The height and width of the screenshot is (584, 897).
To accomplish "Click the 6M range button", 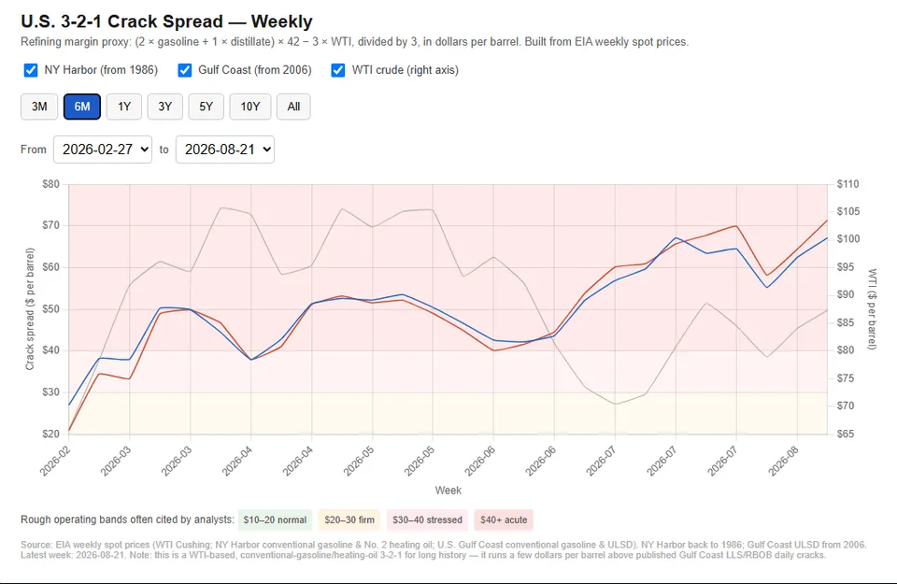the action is (82, 107).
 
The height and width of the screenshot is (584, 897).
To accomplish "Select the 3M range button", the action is (39, 107).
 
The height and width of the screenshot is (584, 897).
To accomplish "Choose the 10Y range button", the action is (250, 107).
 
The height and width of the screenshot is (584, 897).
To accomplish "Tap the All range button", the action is (293, 107).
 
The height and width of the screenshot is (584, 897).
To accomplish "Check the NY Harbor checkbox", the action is (30, 70).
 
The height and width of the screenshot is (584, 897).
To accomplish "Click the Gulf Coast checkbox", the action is (184, 70).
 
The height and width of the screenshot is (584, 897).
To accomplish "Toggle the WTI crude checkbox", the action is (338, 70).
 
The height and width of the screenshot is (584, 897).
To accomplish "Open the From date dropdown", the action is (103, 150).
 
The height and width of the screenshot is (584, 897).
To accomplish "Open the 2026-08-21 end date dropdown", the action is (225, 150).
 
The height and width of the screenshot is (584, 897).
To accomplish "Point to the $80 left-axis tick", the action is (50, 184).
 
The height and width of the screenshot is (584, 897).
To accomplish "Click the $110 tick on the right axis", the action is (847, 184).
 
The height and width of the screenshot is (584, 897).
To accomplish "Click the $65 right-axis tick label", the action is (846, 434).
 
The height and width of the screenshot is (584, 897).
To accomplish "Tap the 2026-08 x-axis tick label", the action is (783, 461).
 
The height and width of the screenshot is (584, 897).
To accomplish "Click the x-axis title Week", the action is (448, 491).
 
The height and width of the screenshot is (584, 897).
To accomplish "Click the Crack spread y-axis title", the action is (30, 309).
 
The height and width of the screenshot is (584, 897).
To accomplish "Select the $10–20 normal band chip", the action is (275, 520).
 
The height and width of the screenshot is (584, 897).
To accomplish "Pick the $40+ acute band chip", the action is (504, 520).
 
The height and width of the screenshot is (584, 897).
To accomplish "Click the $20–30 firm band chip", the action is (349, 520).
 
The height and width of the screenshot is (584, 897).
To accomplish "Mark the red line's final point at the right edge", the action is (827, 221).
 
